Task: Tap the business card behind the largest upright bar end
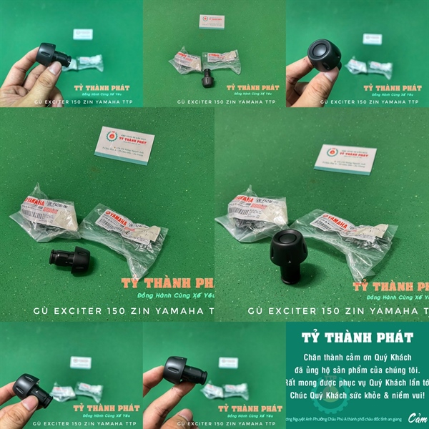pos(345,159)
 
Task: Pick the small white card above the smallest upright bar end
pos(212,21)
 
